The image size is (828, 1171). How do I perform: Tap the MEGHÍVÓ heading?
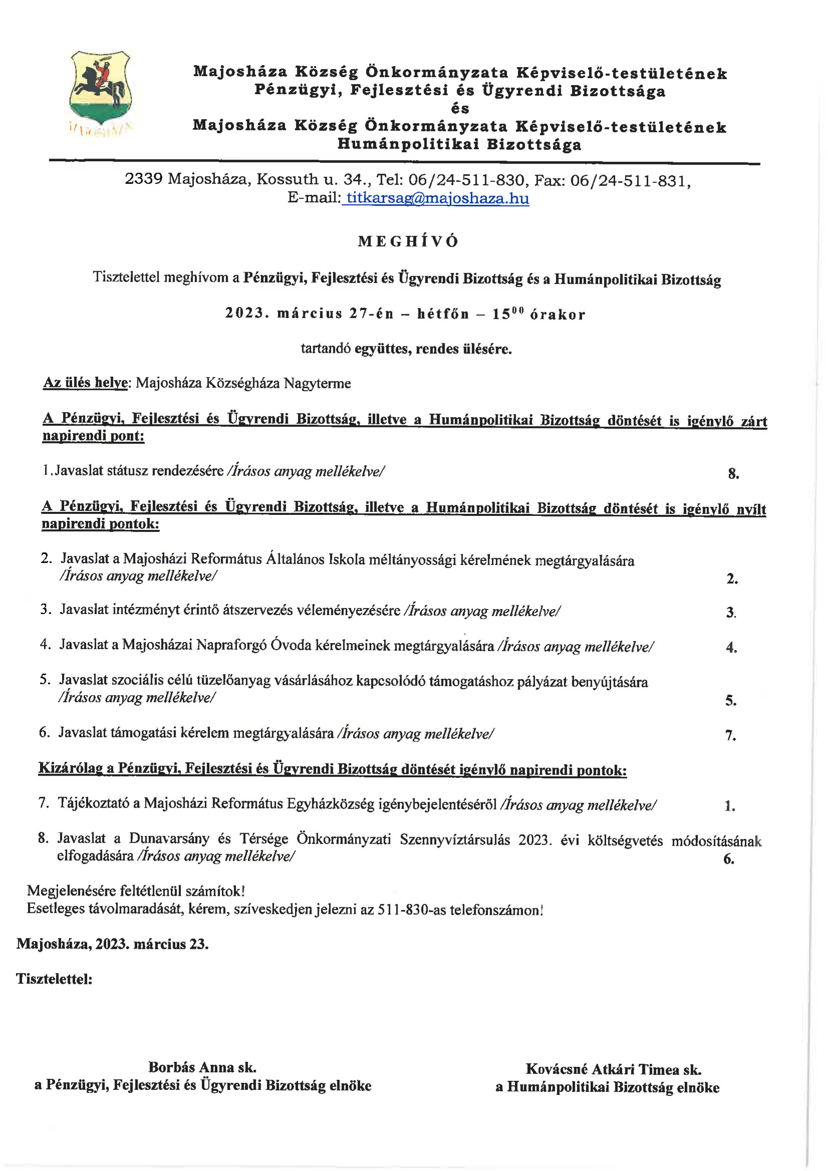(408, 241)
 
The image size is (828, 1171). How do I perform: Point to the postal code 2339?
(144, 179)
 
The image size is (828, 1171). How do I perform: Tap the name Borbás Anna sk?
(202, 1066)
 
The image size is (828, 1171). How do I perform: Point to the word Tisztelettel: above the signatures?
(54, 979)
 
